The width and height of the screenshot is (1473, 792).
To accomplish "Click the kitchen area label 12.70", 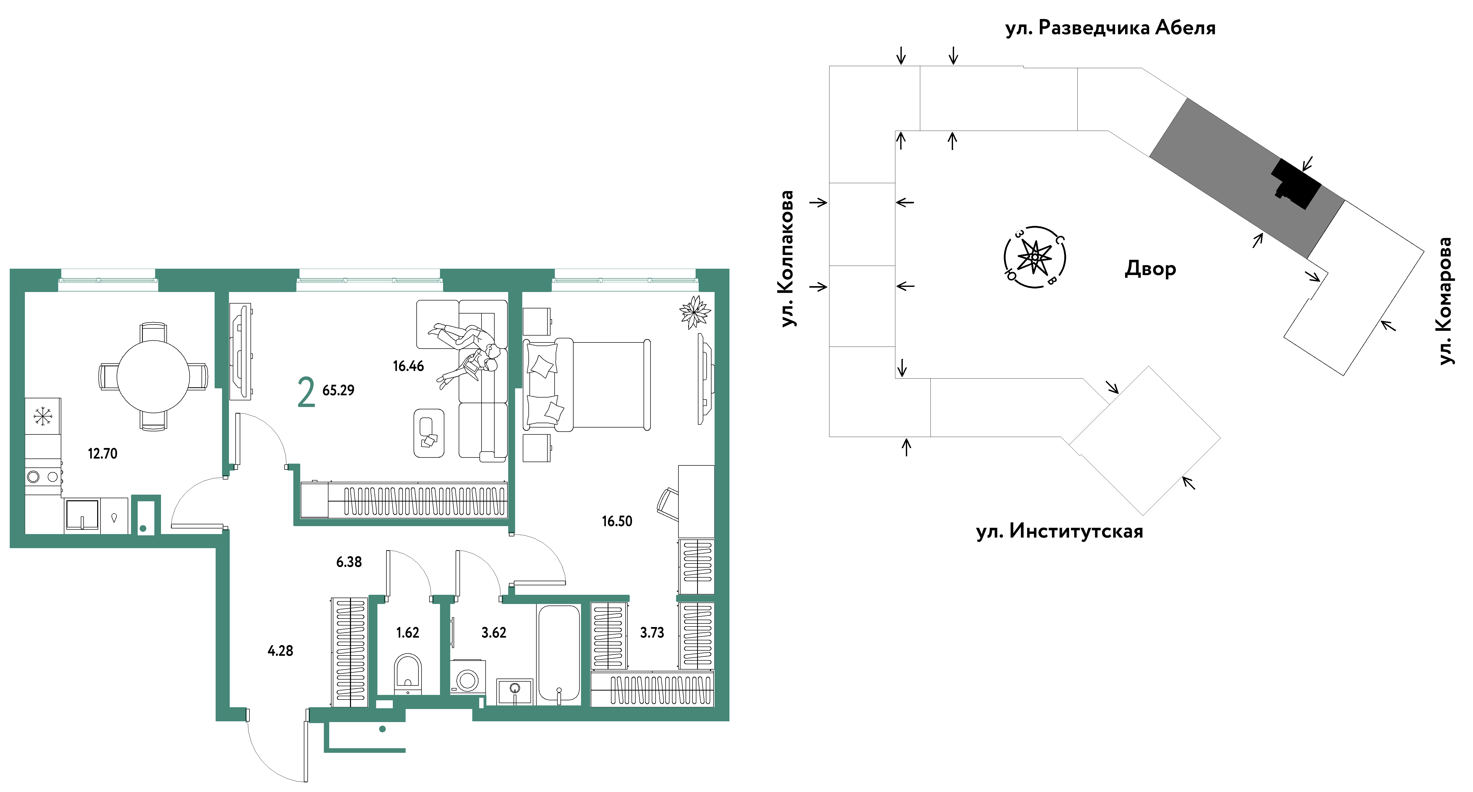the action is point(102,454).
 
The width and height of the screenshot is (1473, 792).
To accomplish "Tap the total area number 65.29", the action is point(338,390).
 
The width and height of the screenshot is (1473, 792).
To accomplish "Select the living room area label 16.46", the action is point(408,366).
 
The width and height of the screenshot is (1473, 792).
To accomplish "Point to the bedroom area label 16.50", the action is point(617,521).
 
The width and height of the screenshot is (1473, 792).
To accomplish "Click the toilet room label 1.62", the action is point(408,633).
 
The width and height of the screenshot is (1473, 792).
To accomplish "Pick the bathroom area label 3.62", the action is point(494,633).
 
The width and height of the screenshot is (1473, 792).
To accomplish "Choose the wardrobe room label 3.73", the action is point(652,633).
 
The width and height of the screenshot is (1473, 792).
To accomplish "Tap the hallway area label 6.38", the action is point(349,562).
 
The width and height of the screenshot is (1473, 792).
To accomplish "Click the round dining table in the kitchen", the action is point(153,377).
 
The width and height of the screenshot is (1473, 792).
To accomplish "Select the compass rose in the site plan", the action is point(1035,257).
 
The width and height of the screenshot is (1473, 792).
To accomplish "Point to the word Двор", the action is point(1150,269).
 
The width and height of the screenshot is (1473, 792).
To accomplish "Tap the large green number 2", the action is point(306,392).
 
